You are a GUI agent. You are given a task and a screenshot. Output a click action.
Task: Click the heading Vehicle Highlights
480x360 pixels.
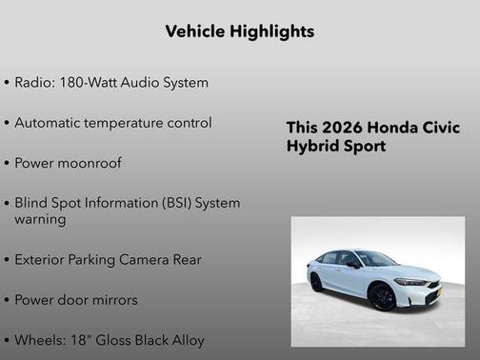[x=239, y=31]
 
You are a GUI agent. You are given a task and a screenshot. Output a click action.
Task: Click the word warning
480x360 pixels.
[x=40, y=219]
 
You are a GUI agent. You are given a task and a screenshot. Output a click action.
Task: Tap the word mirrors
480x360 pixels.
[x=114, y=300]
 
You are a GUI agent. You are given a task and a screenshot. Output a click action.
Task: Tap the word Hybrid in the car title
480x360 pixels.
[x=310, y=147]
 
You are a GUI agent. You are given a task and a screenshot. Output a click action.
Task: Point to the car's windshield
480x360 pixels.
[x=375, y=259]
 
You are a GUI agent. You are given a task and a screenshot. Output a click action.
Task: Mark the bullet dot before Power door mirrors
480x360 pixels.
[x=8, y=301]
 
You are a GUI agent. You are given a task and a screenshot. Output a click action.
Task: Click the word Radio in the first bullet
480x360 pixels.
[x=34, y=83]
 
